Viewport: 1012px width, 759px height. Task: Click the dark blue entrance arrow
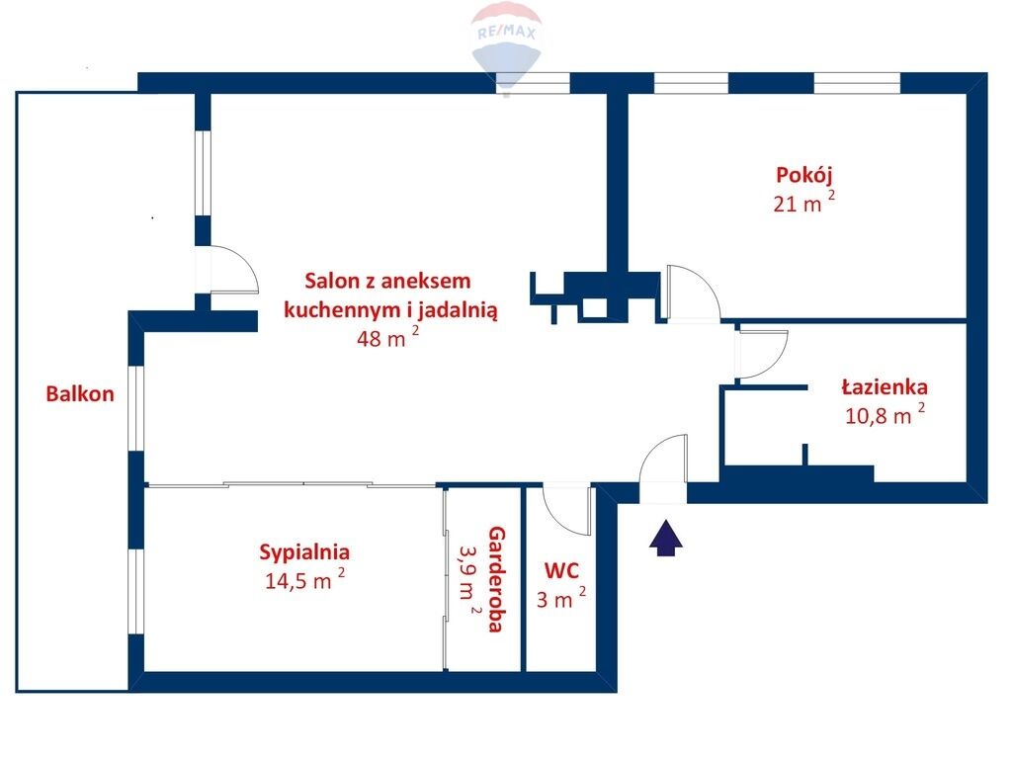coord(665,539)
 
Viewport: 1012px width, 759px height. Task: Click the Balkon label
coord(80,393)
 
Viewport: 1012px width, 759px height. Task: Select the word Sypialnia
coord(304,552)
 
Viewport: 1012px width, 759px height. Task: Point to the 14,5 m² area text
coord(304,579)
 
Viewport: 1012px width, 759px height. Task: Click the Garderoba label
coord(496,579)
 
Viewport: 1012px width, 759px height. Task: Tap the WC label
coord(561,571)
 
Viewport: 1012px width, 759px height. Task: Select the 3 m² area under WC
coord(561,598)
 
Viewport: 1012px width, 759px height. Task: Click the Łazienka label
coord(885,387)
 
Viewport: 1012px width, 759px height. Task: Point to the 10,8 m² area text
coord(885,414)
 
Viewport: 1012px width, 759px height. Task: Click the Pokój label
coord(804,175)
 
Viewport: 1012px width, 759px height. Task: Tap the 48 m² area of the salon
coord(387,337)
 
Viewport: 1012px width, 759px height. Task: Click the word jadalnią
coord(458,310)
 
